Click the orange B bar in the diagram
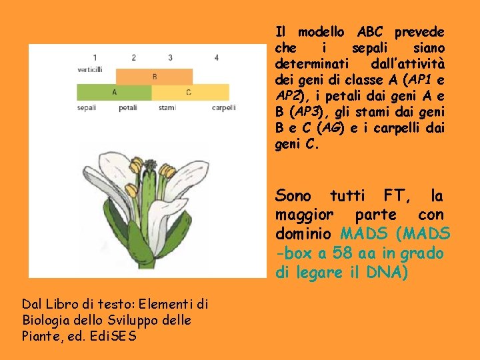pos(154,76)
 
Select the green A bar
pos(114,92)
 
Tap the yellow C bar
pos(189,92)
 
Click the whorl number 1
pos(95,57)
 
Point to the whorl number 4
pos(217,57)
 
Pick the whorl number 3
pos(171,57)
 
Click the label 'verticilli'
pos(89,69)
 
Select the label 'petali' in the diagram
pos(128,107)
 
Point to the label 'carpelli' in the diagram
pos(223,107)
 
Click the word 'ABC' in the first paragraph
pos(370,32)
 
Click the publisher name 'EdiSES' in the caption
pos(115,336)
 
